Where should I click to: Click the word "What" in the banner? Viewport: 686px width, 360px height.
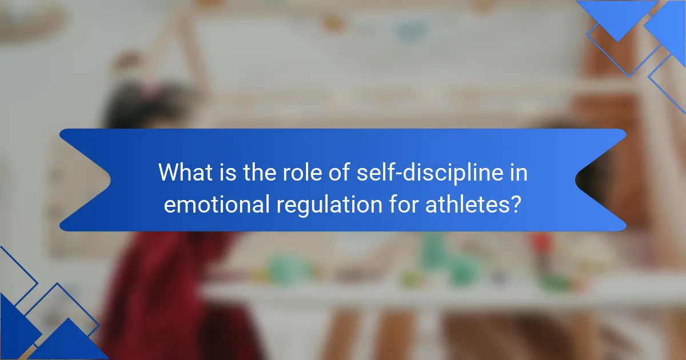(x=186, y=172)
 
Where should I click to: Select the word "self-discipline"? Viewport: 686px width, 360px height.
(x=430, y=173)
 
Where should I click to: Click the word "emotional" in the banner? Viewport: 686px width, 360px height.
(x=217, y=204)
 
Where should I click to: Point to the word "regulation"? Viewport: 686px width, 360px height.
(x=329, y=205)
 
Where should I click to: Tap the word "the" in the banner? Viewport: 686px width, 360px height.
(x=260, y=172)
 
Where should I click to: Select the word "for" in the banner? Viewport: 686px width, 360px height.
(x=404, y=204)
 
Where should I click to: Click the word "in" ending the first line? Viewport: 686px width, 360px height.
(x=519, y=172)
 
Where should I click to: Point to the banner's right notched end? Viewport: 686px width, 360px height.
(x=600, y=180)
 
